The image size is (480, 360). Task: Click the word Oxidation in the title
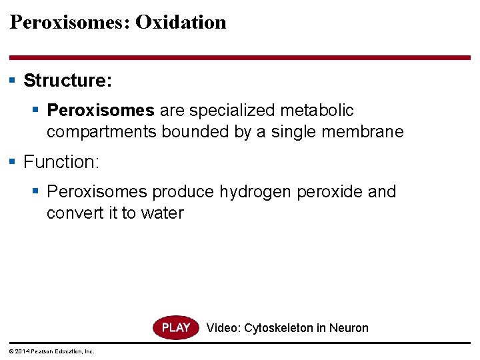[181, 22]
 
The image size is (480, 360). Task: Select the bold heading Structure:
[68, 81]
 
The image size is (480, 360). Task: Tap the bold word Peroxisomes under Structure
[101, 110]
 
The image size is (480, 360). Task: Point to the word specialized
[224, 110]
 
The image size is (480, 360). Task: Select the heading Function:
[61, 162]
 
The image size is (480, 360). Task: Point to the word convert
[74, 213]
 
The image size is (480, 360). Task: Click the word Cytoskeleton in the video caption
[279, 328]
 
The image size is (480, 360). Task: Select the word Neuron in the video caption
[348, 328]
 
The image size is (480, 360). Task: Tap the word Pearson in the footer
[41, 351]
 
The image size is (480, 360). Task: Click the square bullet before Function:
[13, 161]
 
